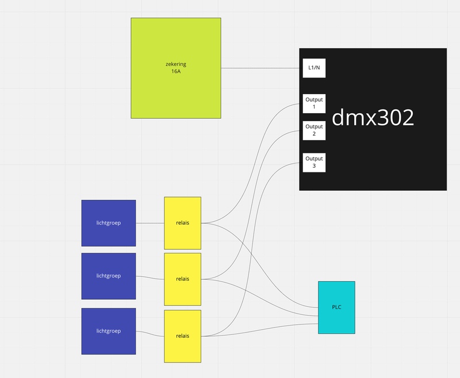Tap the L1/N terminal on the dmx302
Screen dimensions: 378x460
tap(314, 68)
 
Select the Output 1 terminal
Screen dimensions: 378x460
tap(314, 103)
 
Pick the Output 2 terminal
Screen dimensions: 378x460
tap(314, 130)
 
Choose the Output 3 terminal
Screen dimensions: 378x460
tap(314, 162)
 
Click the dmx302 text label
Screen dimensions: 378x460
tap(373, 118)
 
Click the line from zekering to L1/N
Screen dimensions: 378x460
tap(262, 68)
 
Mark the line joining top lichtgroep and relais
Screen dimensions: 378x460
tap(150, 223)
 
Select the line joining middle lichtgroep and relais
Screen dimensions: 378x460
tap(150, 277)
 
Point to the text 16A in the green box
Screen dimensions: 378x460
tap(175, 72)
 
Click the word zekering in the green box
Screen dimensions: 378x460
tap(175, 64)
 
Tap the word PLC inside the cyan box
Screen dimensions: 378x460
tap(336, 307)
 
